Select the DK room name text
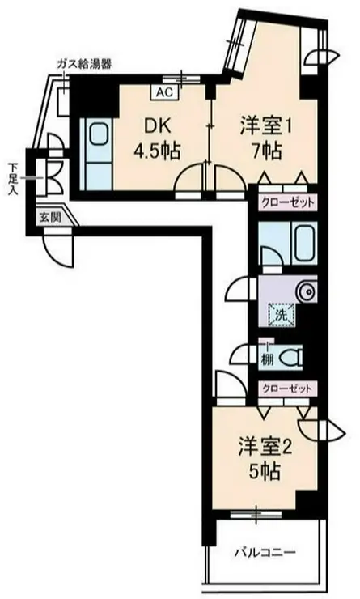pos(157,126)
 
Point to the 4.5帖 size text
pos(157,150)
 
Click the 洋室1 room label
pos(264,126)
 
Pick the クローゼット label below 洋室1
pos(286,202)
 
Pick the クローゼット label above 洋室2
pos(286,389)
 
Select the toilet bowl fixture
pos(291,355)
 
